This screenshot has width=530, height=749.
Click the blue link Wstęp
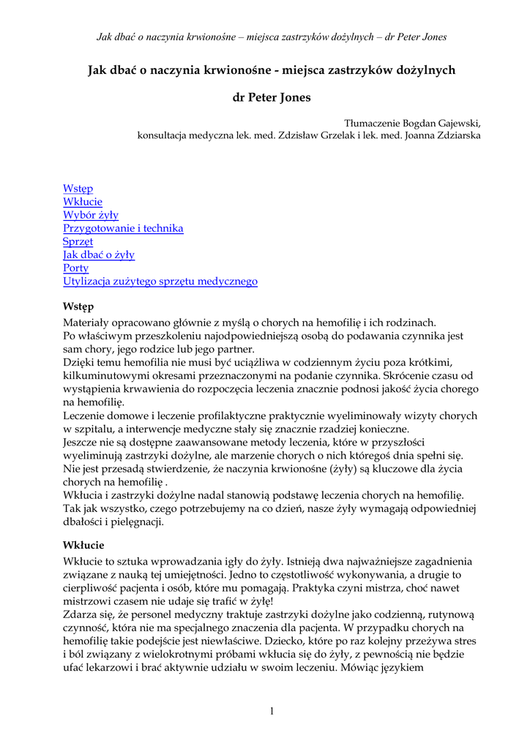(78, 189)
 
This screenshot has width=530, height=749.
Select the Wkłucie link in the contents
(83, 202)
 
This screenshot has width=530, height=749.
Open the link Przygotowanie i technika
(123, 228)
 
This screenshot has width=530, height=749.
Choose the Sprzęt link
(78, 241)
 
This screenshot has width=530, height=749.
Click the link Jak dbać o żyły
(99, 255)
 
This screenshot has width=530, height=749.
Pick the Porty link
(75, 268)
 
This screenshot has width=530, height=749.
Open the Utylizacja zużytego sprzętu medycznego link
(160, 281)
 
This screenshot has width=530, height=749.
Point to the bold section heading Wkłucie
(83, 545)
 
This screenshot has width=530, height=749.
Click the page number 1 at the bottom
(272, 711)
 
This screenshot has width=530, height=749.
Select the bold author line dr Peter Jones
(272, 97)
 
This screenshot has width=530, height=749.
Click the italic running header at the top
(272, 37)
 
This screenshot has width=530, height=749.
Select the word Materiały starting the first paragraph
(86, 322)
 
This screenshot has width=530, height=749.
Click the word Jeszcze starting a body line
(82, 443)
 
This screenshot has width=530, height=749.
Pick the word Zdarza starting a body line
(81, 614)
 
